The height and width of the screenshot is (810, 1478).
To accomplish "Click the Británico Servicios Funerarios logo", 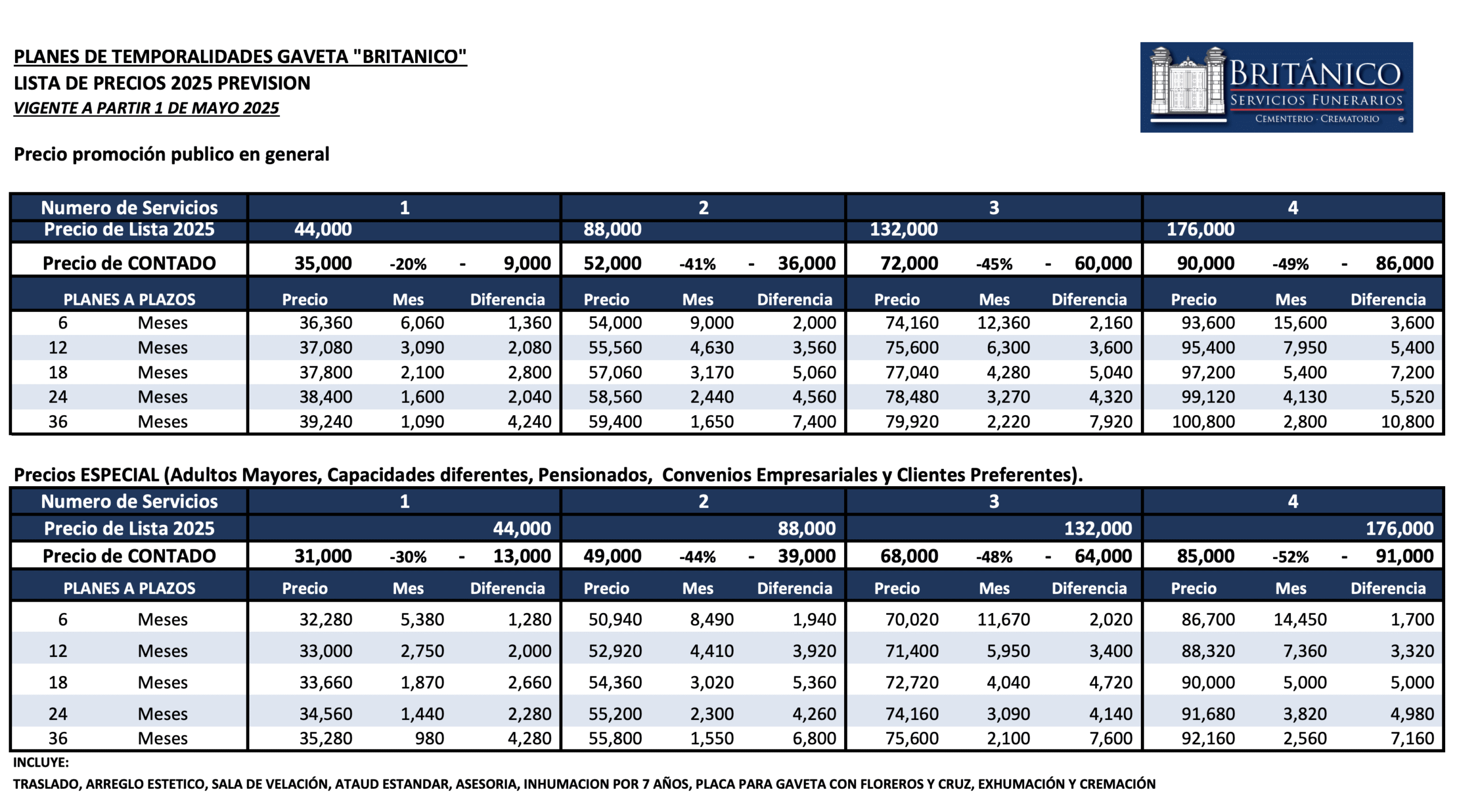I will (x=1276, y=87).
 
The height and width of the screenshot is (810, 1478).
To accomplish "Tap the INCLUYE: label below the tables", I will (x=41, y=762).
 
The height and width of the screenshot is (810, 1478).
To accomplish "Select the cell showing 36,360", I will (x=326, y=323).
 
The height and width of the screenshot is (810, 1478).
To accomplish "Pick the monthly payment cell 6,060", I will (x=422, y=323).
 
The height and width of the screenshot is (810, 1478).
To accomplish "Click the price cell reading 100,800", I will (x=1203, y=421).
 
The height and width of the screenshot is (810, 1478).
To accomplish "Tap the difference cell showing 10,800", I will (x=1407, y=421).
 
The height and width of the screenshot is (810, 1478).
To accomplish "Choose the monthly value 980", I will (x=430, y=738).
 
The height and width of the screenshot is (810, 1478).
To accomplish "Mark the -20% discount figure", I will (x=408, y=264).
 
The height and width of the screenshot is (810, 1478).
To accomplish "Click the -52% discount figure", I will (x=1290, y=557).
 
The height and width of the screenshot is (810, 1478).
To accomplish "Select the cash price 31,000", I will (x=323, y=556).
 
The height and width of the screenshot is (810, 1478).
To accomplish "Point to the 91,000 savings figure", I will (x=1404, y=556).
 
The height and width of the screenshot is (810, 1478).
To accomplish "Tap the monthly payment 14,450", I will (x=1300, y=619).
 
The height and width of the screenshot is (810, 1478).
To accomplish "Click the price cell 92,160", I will (x=1208, y=738).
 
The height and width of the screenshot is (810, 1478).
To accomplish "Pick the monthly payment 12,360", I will (x=1003, y=323).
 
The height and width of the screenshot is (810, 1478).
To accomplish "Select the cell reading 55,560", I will (x=615, y=348).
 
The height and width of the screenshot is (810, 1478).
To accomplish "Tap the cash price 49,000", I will (x=612, y=556).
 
